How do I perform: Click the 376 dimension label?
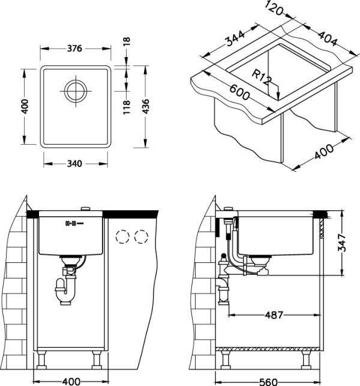(x=74, y=48)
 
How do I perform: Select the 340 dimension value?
(x=74, y=163)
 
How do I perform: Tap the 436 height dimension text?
(x=146, y=106)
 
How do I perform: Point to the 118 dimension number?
(x=126, y=107)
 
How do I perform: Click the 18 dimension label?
(x=126, y=41)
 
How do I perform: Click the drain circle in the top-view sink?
(x=76, y=91)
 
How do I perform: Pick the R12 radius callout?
(x=262, y=77)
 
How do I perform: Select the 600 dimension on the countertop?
(x=239, y=92)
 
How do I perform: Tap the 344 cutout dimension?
(x=235, y=38)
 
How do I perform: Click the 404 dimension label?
(x=328, y=38)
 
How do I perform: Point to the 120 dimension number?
(x=275, y=8)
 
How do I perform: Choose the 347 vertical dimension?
(x=342, y=243)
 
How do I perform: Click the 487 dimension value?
(x=274, y=315)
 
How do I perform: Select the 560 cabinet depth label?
(x=268, y=382)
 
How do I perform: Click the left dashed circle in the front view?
(x=122, y=237)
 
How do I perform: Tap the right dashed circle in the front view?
(x=141, y=237)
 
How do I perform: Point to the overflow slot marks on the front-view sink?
(x=74, y=223)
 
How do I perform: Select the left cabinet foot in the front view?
(x=41, y=360)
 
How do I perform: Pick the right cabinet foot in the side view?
(x=307, y=360)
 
